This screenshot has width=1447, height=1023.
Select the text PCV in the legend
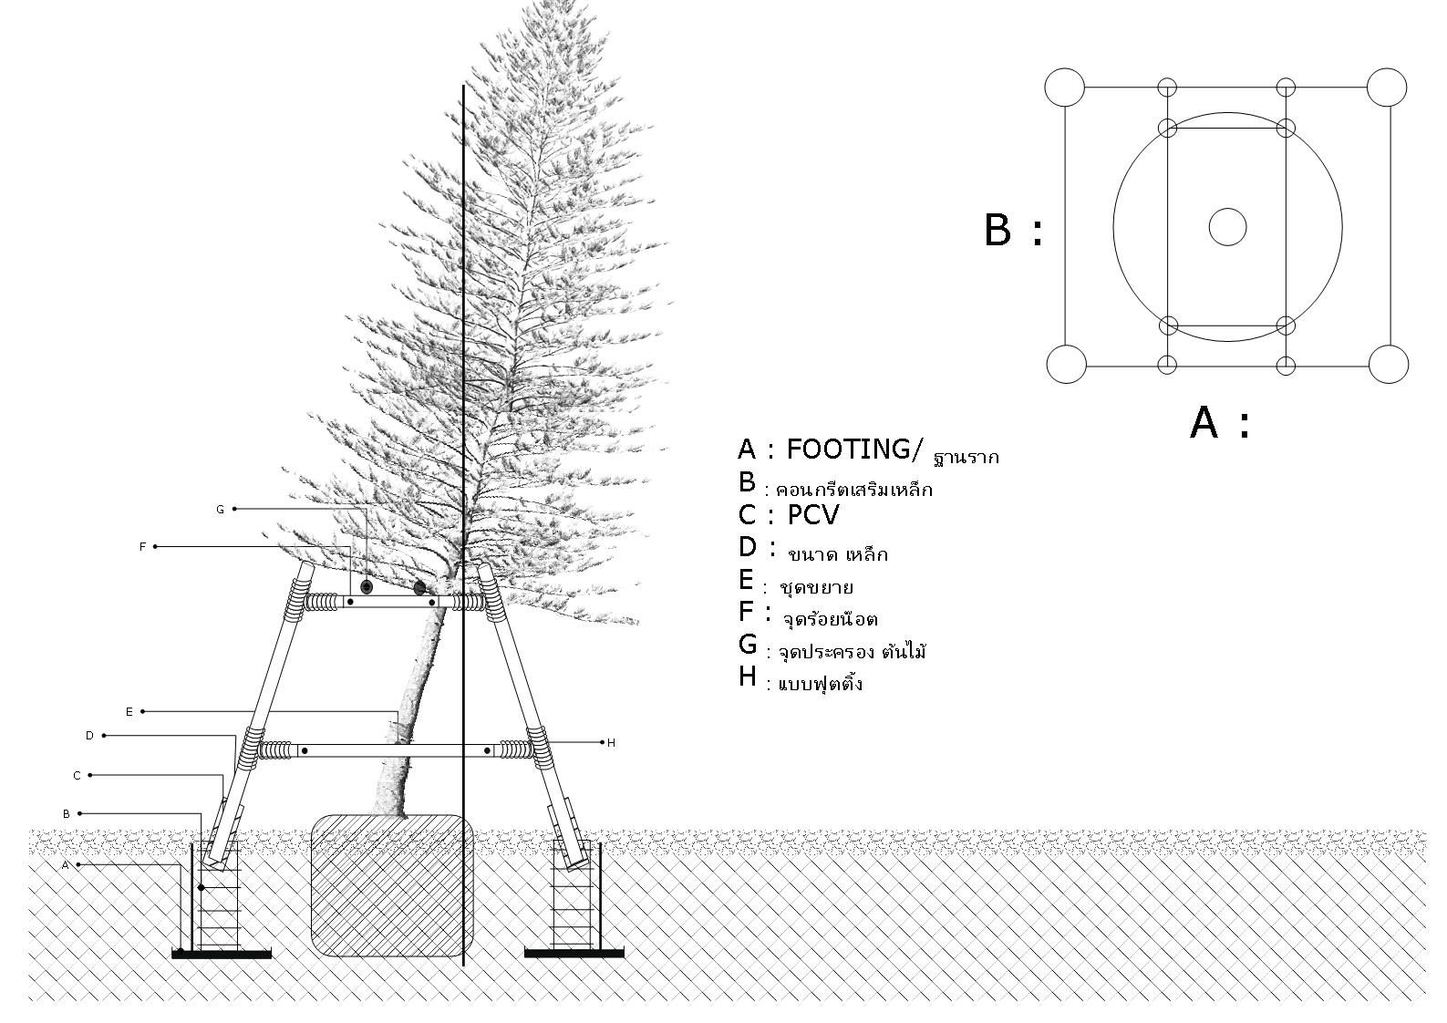[x=812, y=516]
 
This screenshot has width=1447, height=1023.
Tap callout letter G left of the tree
[x=220, y=510]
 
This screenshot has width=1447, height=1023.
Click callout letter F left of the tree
[x=142, y=547]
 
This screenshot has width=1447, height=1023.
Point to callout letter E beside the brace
[x=129, y=711]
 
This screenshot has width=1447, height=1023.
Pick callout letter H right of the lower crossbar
[x=611, y=743]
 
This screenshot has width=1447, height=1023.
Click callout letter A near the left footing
[x=66, y=865]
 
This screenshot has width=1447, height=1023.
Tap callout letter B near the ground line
[x=67, y=813]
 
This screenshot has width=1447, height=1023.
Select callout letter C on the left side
[x=77, y=775]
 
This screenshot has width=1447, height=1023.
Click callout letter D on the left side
[x=89, y=736]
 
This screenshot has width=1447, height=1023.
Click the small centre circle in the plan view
[x=1227, y=227]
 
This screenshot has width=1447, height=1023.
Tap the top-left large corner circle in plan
[x=1064, y=88]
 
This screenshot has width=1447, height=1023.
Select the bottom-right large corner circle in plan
[x=1389, y=364]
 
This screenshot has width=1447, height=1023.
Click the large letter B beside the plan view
[x=998, y=230]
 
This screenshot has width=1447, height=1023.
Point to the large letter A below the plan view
[x=1204, y=423]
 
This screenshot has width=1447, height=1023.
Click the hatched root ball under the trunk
[x=392, y=884]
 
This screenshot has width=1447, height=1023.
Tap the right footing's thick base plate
[x=574, y=954]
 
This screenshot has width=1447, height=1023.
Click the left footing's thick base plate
[x=222, y=954]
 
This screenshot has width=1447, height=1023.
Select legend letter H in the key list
[x=748, y=677]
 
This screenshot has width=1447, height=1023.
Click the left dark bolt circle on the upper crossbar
[x=367, y=587]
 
